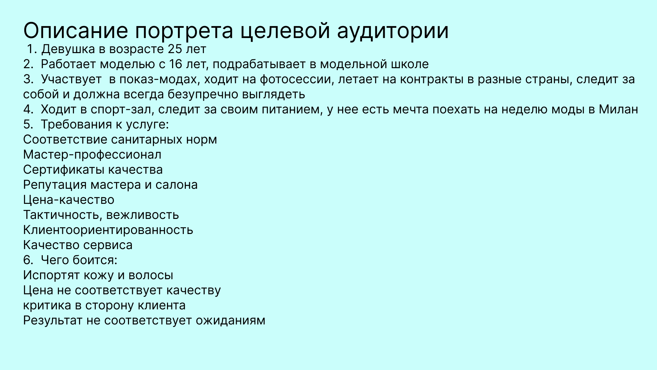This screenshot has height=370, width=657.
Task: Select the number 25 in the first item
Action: pos(175,49)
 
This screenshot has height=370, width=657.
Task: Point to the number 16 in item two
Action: pos(176,64)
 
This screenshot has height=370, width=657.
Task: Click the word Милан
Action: pos(618,110)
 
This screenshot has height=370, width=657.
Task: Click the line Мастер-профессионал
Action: pos(92,155)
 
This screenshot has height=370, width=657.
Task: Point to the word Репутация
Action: pos(55,185)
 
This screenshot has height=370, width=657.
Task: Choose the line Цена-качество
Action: pos(68,200)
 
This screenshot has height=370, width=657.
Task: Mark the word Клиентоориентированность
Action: pos(108,230)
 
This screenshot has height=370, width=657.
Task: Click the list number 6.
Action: pos(27,260)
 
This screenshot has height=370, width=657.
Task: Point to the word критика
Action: pos(47,306)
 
